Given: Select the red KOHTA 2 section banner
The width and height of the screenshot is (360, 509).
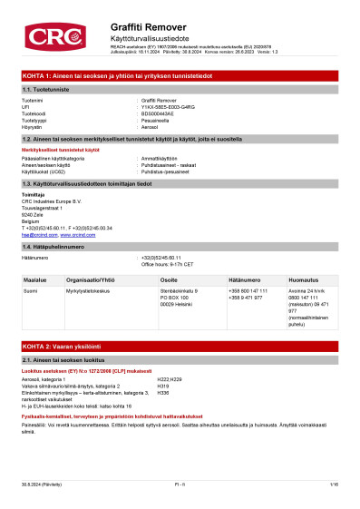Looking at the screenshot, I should tap(180, 347).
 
